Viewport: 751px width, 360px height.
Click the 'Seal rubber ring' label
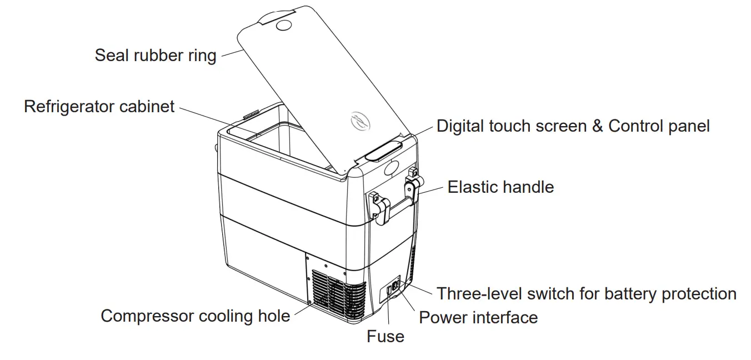(155, 56)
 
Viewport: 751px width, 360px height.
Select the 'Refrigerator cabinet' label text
(99, 106)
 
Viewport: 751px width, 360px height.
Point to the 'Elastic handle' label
(500, 187)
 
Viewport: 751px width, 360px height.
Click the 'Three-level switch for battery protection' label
(587, 293)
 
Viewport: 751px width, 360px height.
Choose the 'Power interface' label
(478, 317)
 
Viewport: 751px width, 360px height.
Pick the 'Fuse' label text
(385, 336)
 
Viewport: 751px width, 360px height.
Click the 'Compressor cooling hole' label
(195, 316)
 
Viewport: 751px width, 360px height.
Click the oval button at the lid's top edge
(284, 26)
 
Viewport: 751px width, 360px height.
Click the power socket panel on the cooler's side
(394, 288)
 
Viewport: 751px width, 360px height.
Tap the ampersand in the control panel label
(597, 126)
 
